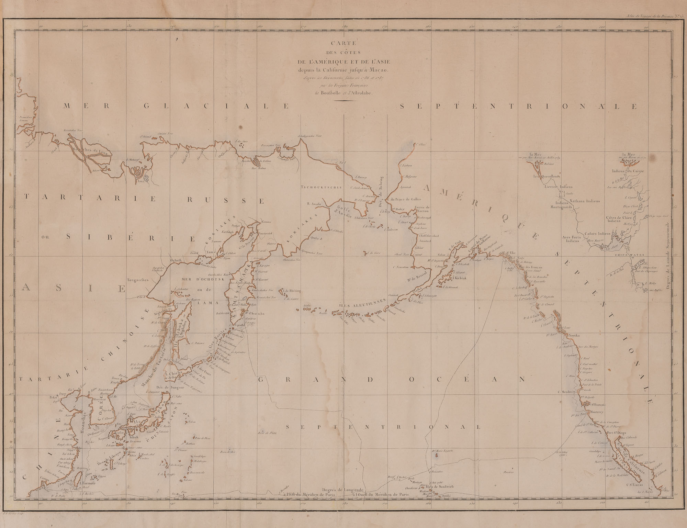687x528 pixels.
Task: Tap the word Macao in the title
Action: click(376, 70)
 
